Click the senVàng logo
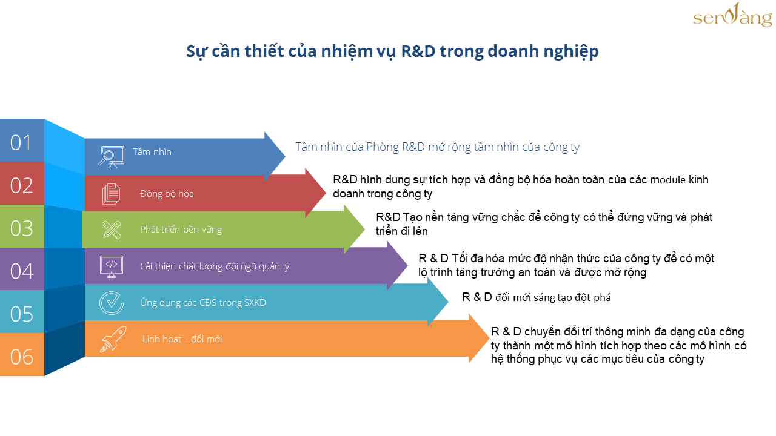coord(732,15)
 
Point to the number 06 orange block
coord(22,355)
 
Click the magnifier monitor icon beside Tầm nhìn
coord(111,157)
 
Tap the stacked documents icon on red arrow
coord(111,194)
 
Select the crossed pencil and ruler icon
coord(112,230)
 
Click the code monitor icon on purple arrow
coord(111,266)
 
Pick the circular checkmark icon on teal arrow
coord(111,303)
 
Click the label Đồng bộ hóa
coord(167,194)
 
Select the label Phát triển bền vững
coord(181,230)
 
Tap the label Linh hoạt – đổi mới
coord(182,339)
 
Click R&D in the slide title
coord(418,51)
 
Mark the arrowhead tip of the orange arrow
coord(489,339)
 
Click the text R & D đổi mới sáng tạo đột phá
coord(537,297)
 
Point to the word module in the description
coord(667,180)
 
